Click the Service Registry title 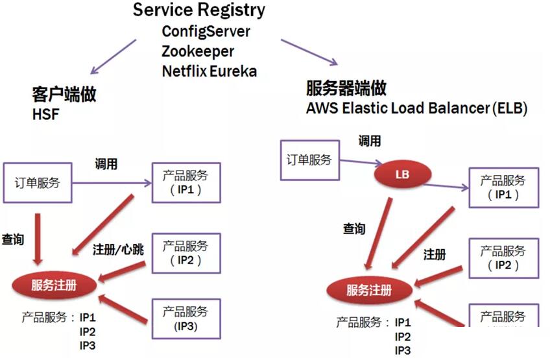click(x=199, y=11)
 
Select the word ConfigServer click(x=206, y=31)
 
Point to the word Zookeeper click(x=198, y=51)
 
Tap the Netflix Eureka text click(x=209, y=71)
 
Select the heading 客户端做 click(x=64, y=95)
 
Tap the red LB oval click(x=401, y=174)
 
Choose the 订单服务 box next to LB click(x=309, y=160)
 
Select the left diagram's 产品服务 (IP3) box click(x=185, y=318)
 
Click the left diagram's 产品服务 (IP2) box click(x=185, y=253)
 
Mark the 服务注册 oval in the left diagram click(x=54, y=285)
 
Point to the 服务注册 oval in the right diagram click(x=369, y=290)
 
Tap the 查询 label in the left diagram click(x=13, y=239)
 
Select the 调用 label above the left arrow click(x=106, y=164)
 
